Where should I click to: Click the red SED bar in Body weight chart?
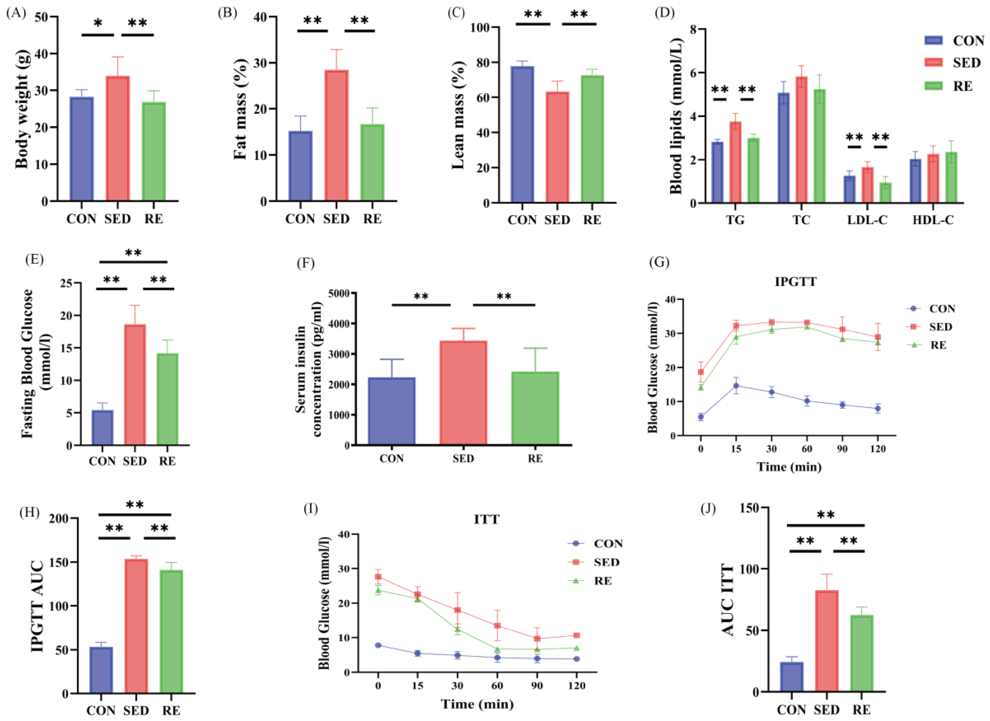(x=118, y=139)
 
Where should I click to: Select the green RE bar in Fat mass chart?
(x=372, y=163)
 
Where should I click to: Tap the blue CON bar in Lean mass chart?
(x=522, y=134)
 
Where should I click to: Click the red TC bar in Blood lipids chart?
(x=801, y=140)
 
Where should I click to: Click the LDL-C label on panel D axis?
(x=867, y=220)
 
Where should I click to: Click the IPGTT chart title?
(x=795, y=282)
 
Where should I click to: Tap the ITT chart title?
(x=486, y=520)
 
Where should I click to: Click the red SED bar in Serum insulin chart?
(x=463, y=393)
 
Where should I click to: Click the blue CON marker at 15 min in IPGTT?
(x=736, y=386)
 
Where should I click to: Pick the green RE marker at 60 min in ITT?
(x=497, y=649)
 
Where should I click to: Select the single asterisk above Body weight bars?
(x=98, y=23)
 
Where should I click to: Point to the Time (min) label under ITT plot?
(x=477, y=704)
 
